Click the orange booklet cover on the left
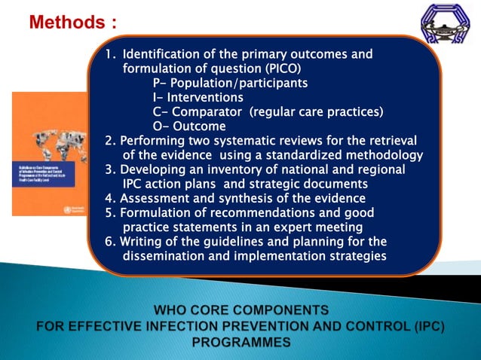[50, 154]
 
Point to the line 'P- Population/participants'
[229, 83]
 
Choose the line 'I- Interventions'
[198, 97]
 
